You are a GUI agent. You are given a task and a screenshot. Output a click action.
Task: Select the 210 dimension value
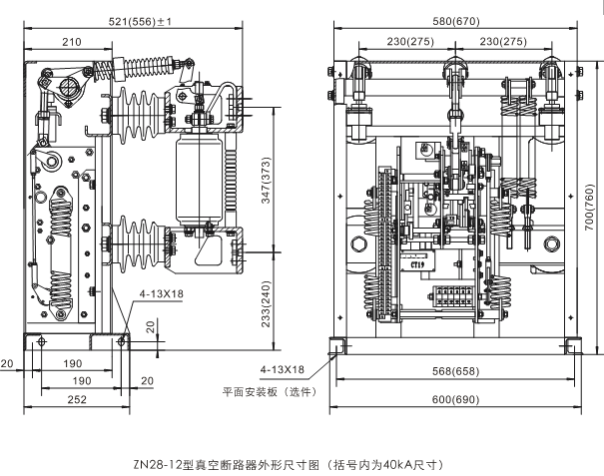coord(71,42)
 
